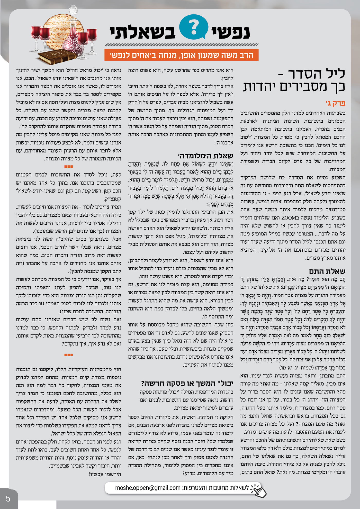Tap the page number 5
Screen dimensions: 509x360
[x=8, y=499]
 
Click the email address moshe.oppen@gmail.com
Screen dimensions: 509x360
[x=148, y=487]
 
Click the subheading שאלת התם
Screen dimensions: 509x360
[x=327, y=271]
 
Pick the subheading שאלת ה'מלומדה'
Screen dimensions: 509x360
[x=205, y=156]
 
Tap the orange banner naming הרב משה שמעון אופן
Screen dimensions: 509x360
[x=181, y=55]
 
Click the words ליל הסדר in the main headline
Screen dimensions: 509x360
[x=317, y=74]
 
